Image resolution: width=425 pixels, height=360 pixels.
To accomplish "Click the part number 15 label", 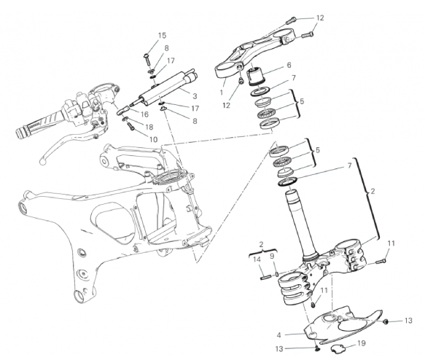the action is [x=162, y=36].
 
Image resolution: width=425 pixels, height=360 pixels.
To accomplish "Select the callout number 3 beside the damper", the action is [x=195, y=96].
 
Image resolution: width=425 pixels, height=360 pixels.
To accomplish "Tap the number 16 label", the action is [x=144, y=114].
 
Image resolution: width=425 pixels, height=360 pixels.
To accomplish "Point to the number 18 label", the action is [x=149, y=127].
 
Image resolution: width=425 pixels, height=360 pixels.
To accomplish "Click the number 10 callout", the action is [x=153, y=139].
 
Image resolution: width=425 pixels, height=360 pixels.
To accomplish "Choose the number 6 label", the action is [x=289, y=65].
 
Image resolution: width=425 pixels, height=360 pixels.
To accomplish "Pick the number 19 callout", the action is [x=362, y=343].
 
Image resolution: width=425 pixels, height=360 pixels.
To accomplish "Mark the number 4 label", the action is [x=279, y=335].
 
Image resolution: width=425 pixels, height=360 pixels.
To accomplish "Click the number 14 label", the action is [x=257, y=259].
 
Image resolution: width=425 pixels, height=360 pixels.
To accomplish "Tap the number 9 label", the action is [x=272, y=256].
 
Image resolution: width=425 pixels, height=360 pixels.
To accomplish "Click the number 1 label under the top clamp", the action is [x=221, y=93].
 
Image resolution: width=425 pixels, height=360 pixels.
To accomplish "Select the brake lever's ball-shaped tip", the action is [x=42, y=162].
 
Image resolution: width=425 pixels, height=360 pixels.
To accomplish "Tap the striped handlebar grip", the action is [x=40, y=124].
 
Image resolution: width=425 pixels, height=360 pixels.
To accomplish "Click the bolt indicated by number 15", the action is [x=147, y=58].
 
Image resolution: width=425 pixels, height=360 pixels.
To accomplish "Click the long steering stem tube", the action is [x=302, y=225].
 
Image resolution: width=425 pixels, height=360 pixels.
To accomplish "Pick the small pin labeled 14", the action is [x=265, y=278].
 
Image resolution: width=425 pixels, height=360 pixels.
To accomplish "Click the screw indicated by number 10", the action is [x=130, y=125].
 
